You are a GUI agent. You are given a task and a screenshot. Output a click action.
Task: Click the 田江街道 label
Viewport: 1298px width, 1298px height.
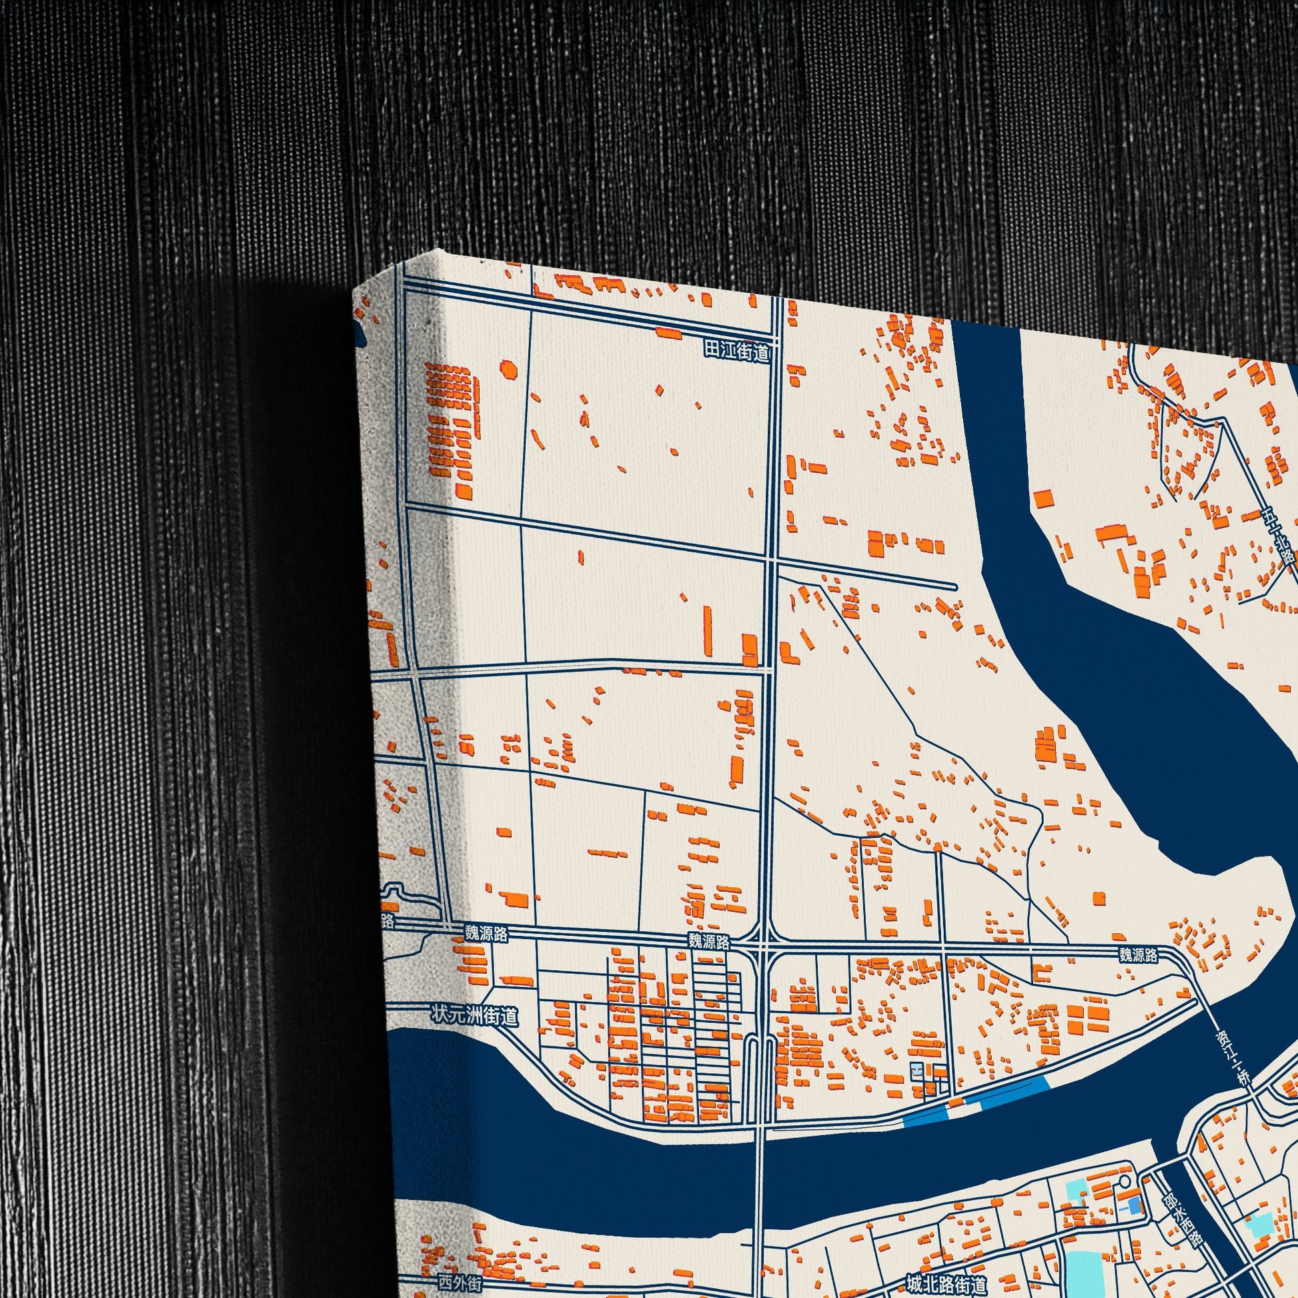[736, 351]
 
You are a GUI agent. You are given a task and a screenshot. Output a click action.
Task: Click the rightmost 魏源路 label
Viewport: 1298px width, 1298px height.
[1138, 954]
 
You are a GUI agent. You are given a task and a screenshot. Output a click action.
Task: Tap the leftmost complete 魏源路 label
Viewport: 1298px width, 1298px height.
[486, 933]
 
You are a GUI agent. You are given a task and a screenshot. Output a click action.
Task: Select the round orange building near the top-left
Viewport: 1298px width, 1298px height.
[508, 370]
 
